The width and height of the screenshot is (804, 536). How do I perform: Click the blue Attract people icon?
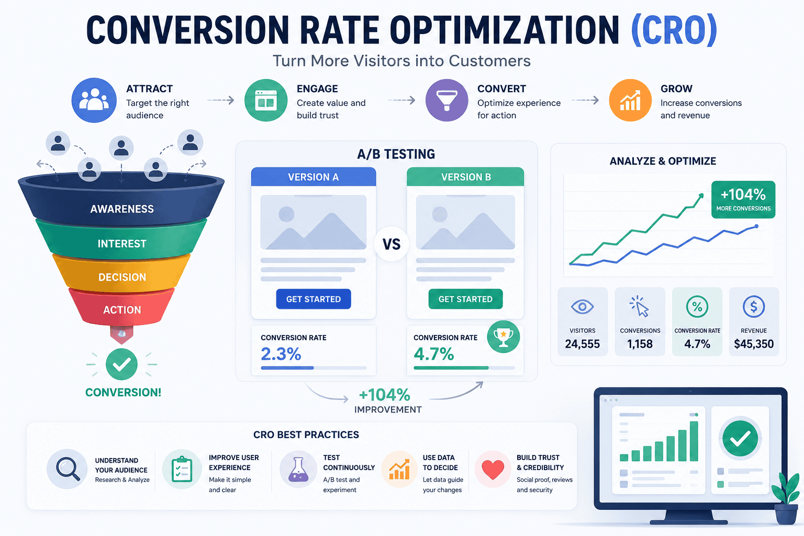[x=94, y=100]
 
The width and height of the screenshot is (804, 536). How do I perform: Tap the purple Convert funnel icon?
[x=446, y=100]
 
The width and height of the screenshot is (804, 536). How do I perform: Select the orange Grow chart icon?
[x=630, y=100]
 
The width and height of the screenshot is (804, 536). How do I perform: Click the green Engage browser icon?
[x=265, y=100]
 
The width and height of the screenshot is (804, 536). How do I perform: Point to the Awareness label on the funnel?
[x=122, y=209]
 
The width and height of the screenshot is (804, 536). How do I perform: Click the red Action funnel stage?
[x=122, y=307]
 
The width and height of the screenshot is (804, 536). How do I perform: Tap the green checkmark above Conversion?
[x=121, y=364]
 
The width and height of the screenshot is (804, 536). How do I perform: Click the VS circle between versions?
[x=391, y=244]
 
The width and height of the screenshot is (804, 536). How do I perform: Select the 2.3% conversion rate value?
[x=281, y=354]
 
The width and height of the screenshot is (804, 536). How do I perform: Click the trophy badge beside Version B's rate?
[x=503, y=337]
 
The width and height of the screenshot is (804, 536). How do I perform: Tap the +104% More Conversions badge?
[x=743, y=199]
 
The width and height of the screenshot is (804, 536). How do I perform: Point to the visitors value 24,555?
[x=582, y=344]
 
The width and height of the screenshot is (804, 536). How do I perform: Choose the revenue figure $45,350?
[x=754, y=344]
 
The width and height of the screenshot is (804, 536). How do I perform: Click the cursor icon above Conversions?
[x=640, y=306]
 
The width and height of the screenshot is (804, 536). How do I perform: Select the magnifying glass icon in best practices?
[x=67, y=469]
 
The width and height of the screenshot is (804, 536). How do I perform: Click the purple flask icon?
[x=298, y=469]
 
